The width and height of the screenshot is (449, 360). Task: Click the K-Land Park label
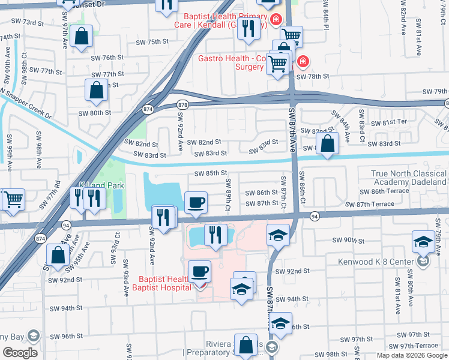point(101,186)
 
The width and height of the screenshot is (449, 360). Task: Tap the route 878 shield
point(184,105)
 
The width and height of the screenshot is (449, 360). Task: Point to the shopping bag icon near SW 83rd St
point(327,143)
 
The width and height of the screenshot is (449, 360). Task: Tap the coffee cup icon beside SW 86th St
point(196,203)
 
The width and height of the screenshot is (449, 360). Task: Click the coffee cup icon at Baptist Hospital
point(199,272)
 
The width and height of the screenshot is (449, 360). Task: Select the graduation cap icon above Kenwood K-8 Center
point(423,241)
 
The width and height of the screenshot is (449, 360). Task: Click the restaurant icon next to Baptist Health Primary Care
point(248,28)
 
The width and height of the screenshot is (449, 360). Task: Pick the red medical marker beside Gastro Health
point(303,61)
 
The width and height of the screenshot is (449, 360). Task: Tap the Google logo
point(20,352)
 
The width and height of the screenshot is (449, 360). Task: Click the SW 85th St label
point(210,173)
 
